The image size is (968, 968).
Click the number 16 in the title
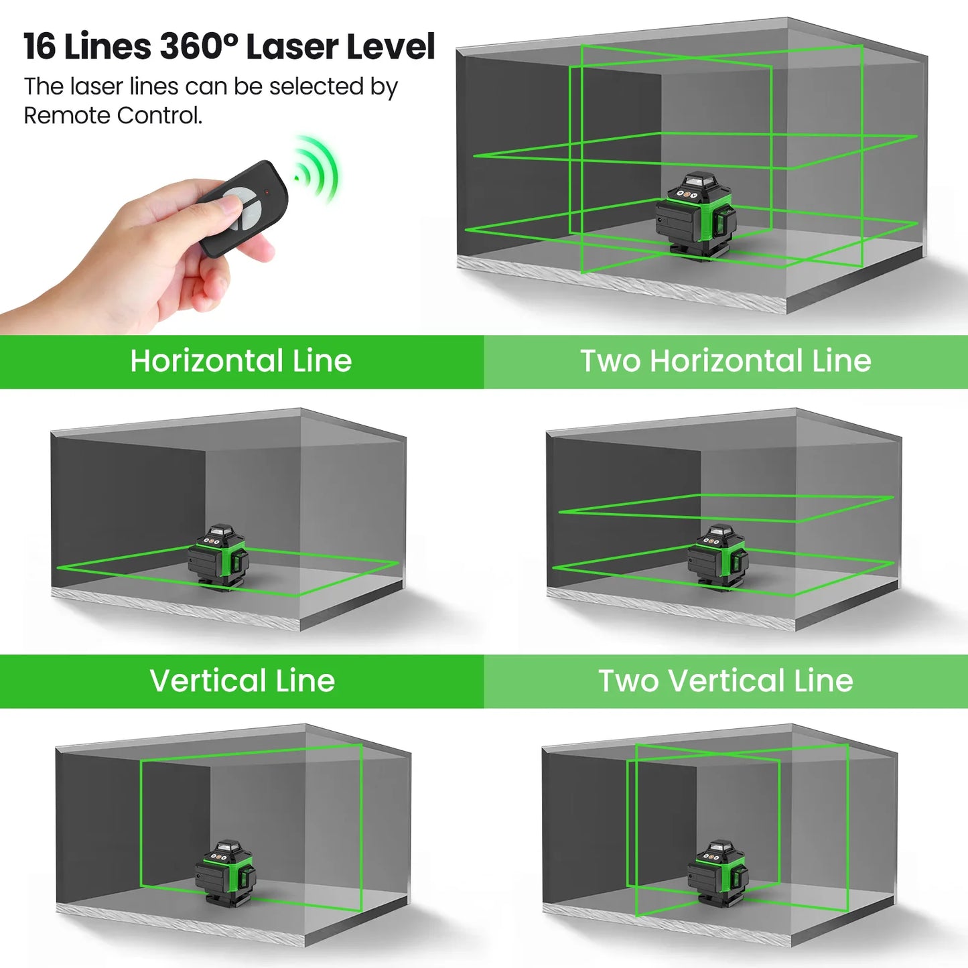pos(40,47)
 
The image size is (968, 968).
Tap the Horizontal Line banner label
pos(241,361)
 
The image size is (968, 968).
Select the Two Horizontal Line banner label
pos(725,361)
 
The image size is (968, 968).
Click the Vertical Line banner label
pos(242,681)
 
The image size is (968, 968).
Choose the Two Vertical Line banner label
pos(725,681)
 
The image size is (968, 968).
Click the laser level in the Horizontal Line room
pos(218,557)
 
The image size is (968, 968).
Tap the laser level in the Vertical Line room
pos(226,873)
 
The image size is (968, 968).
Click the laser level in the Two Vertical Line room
pos(717,873)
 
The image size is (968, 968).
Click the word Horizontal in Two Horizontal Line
pos(726,361)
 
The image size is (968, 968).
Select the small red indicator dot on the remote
pos(267,192)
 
